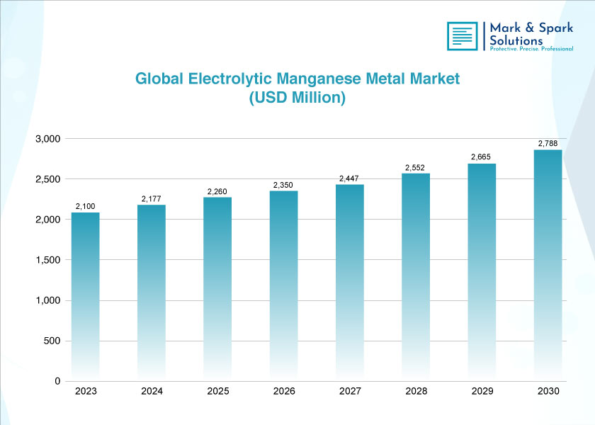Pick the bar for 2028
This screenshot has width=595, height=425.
[416, 277]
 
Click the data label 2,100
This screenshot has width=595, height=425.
[86, 206]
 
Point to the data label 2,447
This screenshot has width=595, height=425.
[350, 178]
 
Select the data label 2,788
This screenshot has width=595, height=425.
[548, 144]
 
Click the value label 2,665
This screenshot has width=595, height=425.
[482, 157]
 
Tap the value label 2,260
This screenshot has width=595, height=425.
[217, 191]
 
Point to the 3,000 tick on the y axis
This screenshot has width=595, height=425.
[48, 139]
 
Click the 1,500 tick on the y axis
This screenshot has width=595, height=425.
[48, 260]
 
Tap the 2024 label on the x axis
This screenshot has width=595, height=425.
[152, 392]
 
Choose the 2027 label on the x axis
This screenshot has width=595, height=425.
[350, 392]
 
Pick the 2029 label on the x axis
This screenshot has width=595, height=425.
[482, 392]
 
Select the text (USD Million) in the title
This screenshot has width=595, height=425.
[297, 98]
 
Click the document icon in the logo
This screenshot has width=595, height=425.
[462, 36]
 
